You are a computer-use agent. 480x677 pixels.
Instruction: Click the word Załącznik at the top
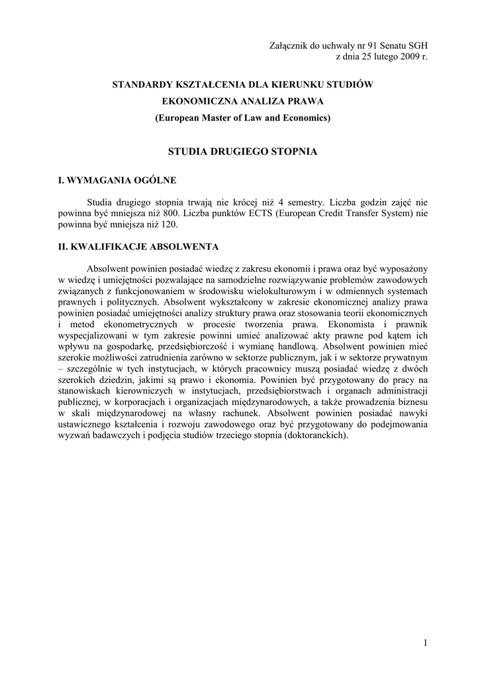click(289, 46)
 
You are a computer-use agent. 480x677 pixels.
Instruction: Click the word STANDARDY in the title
click(144, 85)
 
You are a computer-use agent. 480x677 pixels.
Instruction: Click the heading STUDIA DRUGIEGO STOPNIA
click(242, 151)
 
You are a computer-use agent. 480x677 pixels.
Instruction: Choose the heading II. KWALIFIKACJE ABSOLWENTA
click(138, 247)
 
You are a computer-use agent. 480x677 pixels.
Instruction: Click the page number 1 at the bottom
click(425, 644)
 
